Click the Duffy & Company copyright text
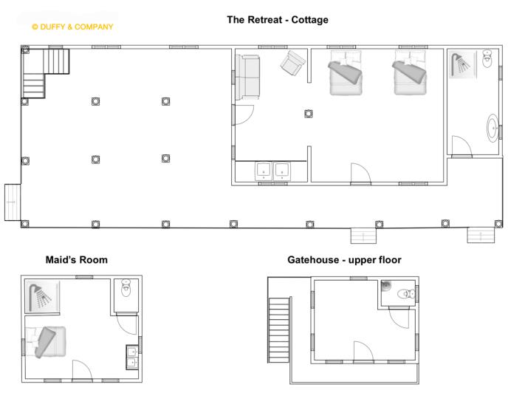point(72,27)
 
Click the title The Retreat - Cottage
point(278,20)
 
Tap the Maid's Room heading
point(77,260)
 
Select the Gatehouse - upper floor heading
point(344,260)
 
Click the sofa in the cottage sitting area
point(247,77)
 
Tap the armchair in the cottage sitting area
point(292,63)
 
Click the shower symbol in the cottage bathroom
point(462,64)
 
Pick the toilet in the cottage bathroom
point(487,58)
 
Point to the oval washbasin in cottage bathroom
point(492,128)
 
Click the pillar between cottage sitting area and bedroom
point(309,114)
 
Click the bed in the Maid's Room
point(46,342)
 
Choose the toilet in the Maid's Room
point(126,287)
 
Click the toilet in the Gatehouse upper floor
point(406,294)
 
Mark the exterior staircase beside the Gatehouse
point(279,329)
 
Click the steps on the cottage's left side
point(13,202)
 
